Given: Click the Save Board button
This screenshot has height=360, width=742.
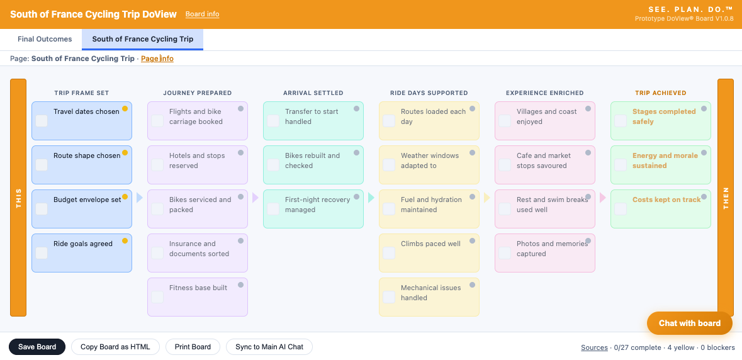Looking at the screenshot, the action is click(37, 347).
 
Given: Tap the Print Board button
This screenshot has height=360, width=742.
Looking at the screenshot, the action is click(193, 347).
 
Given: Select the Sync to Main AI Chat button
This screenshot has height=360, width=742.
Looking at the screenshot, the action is click(269, 347).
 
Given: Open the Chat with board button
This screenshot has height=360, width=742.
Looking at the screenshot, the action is click(690, 323).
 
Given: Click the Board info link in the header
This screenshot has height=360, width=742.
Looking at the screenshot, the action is click(202, 14).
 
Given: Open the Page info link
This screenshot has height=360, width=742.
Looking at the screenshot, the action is click(157, 59).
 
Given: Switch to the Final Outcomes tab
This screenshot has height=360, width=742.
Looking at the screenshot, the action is click(45, 39).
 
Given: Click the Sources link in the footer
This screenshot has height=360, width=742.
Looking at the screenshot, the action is click(594, 347).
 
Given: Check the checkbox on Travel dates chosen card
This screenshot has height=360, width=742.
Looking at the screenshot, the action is click(42, 121).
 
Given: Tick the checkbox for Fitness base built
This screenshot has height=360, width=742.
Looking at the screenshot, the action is click(157, 297).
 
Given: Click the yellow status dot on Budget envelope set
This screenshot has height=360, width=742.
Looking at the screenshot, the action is click(125, 197).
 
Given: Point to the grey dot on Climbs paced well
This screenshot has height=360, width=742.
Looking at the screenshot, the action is click(472, 241).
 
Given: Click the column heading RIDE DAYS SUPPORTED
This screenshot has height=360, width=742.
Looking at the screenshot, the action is click(429, 93).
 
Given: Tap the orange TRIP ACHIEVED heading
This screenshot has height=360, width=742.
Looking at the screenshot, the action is click(661, 93).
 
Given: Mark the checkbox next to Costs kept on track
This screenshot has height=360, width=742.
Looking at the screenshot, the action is click(621, 208).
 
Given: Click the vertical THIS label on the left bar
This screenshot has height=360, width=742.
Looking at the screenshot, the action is click(18, 198).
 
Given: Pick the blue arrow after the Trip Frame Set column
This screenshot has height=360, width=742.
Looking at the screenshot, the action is click(140, 198).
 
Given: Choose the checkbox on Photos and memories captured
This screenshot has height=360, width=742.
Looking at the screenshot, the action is click(505, 252).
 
